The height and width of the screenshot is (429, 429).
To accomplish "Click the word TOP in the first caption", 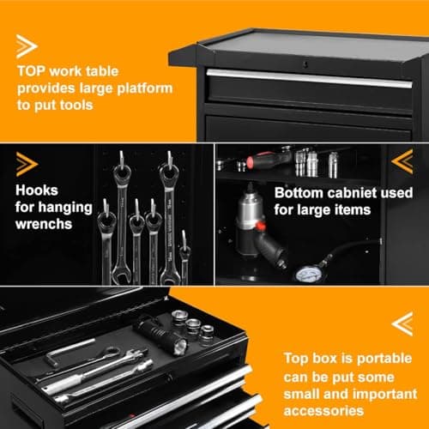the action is pos(31,71).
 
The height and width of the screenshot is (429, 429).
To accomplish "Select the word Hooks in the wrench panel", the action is pos(37,190).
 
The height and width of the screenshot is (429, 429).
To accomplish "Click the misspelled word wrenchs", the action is pos(44,224).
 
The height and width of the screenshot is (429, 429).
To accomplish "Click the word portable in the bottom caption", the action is pos(384,359).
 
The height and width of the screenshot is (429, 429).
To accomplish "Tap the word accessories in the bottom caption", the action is pos(323,411).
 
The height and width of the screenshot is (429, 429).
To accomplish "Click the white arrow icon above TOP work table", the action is pos(27,46).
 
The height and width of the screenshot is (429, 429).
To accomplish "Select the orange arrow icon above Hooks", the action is pos(27,164).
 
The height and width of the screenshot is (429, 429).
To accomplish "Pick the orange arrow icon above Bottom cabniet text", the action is pos(402,161).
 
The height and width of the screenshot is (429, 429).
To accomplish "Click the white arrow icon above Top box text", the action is pos(402,323).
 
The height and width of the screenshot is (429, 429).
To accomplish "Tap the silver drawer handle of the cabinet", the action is pos(309,78).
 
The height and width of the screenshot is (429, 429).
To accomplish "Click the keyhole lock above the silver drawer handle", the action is pos(305,64).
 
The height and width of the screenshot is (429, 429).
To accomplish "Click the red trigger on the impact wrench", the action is pos(260,227).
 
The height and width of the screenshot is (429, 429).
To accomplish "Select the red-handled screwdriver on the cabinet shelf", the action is pos(268,160).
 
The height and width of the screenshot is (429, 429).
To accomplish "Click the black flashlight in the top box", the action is pos(161,337).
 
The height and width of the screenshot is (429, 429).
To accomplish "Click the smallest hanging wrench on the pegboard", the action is pos(184,257).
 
